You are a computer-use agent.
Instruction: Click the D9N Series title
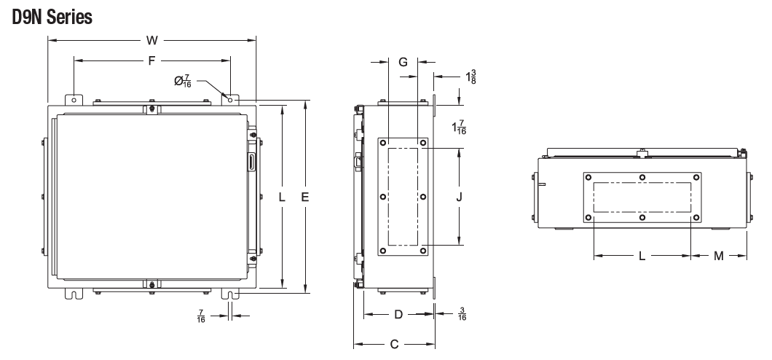point(52,17)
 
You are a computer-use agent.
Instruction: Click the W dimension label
point(151,40)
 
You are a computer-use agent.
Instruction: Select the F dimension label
point(151,61)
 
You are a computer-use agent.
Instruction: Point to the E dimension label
point(305,197)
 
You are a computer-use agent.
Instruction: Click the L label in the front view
point(283,197)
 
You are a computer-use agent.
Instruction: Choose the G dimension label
point(403,63)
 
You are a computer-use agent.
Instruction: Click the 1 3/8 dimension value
point(471,75)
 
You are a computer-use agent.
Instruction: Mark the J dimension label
point(460,197)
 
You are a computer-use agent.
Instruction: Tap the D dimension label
point(398,315)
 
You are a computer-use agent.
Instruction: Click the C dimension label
point(394,345)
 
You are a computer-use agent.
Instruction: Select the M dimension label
point(719,256)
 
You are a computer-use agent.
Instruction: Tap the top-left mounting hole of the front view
point(74,99)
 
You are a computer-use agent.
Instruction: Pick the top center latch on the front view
point(151,109)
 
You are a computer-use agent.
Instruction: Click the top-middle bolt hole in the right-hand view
point(642,177)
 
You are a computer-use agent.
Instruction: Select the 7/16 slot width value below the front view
point(201,316)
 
